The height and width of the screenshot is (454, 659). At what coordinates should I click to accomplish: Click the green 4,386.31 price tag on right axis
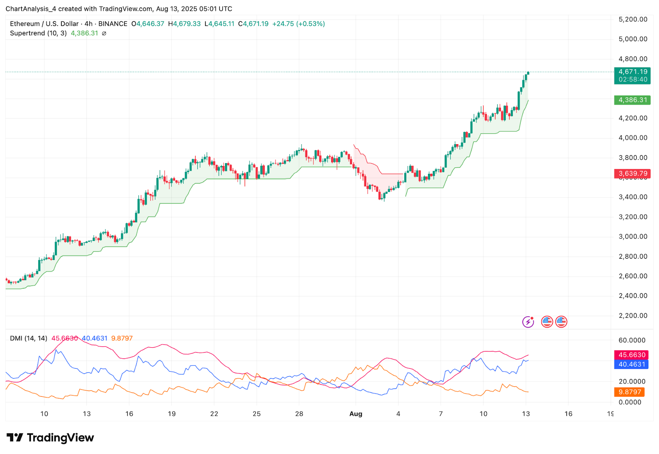(632, 100)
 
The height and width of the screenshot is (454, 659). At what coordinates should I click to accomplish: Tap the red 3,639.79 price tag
(632, 173)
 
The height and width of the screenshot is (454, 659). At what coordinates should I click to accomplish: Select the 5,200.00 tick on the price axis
(633, 19)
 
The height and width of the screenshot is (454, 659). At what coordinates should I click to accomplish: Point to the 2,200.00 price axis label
(633, 316)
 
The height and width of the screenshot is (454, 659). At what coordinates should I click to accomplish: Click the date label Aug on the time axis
(355, 414)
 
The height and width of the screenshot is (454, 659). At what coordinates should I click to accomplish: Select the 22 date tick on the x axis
(214, 414)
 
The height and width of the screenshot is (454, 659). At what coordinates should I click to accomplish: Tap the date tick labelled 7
(441, 414)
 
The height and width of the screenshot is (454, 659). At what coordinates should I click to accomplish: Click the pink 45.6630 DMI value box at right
(631, 355)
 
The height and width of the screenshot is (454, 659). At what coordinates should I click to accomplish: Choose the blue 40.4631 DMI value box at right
(631, 364)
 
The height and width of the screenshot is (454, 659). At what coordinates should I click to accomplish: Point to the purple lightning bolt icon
(528, 322)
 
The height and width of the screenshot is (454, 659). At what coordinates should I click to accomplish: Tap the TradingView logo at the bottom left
(50, 438)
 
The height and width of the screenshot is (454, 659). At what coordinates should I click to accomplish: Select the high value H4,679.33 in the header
(184, 24)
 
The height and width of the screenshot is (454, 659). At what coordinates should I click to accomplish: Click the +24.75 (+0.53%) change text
(298, 24)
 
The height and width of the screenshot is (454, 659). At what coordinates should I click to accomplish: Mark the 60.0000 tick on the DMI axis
(632, 340)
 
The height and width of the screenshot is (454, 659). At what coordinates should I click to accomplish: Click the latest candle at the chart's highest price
(528, 73)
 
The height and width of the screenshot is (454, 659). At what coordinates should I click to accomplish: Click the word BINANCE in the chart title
(112, 24)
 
